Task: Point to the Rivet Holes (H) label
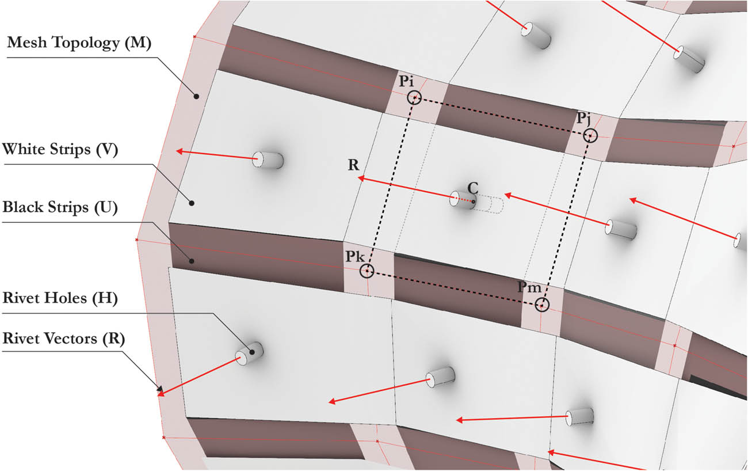click(60, 298)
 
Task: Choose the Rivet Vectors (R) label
click(64, 339)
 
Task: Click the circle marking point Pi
click(414, 98)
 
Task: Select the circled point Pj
click(590, 136)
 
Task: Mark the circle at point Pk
click(367, 271)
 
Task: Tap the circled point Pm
click(541, 305)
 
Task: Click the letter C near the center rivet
click(472, 188)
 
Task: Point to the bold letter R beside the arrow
click(353, 165)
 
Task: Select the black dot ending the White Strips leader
click(192, 203)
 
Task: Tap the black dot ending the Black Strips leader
click(192, 261)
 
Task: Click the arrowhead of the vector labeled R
click(360, 180)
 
